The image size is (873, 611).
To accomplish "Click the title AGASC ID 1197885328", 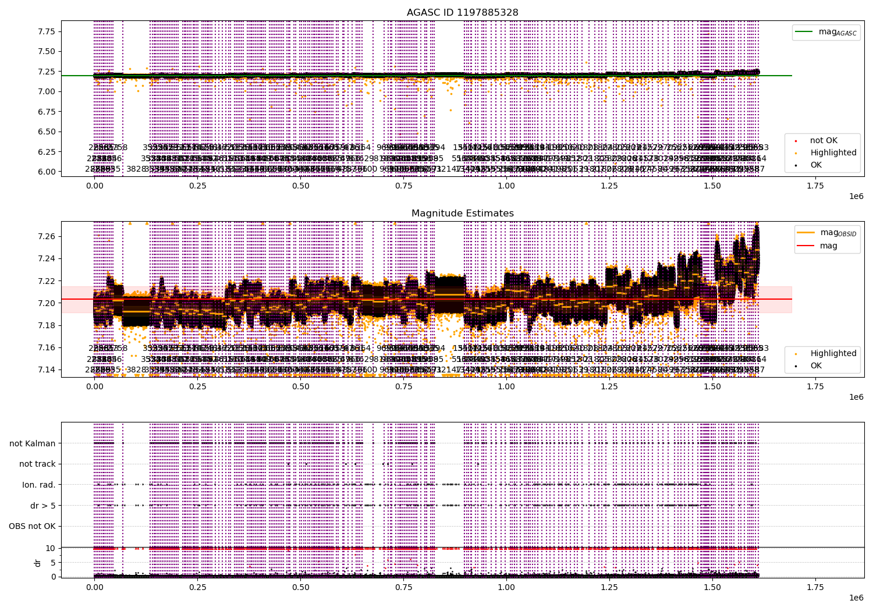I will (462, 12).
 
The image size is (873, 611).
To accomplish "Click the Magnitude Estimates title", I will (462, 214).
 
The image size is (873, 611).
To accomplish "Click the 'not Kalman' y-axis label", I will (33, 443).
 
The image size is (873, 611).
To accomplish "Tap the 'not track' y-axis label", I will (37, 464).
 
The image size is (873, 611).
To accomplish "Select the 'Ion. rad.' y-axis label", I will (39, 485).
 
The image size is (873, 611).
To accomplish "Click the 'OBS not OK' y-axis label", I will (33, 527).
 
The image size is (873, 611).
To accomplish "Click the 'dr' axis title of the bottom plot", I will (38, 563).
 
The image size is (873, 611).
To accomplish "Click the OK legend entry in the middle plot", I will (816, 365).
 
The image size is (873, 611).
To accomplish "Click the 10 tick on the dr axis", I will (51, 548).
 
